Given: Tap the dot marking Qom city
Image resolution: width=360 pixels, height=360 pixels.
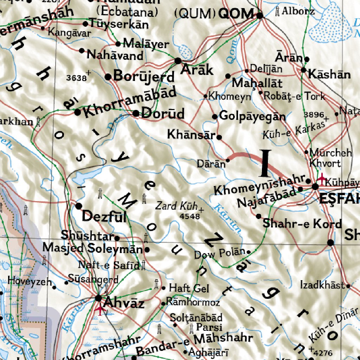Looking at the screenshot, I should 260,15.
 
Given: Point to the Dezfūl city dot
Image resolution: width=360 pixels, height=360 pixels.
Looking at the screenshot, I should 78,206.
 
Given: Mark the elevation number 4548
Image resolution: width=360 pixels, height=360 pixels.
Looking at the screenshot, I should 189,216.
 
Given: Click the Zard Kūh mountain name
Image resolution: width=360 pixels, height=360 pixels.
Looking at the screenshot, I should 177,206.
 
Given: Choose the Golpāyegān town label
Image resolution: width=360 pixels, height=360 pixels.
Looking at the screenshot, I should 252,116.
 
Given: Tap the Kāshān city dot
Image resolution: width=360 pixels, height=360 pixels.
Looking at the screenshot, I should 304,70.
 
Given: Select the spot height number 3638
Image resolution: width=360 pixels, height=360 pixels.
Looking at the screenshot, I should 76,78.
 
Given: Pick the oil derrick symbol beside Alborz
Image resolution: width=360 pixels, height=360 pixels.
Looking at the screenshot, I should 277,12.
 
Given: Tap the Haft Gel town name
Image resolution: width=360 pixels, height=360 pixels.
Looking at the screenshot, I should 189,289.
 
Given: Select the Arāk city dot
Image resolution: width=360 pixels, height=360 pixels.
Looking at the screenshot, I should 178,60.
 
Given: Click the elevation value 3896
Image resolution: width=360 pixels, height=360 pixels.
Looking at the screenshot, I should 313,115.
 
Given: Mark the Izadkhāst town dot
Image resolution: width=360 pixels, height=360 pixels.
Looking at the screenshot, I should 348,286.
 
